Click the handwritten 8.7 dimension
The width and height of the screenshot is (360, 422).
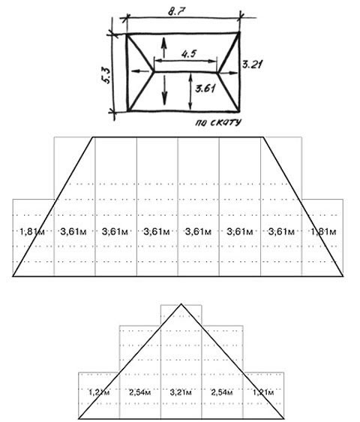click(x=177, y=12)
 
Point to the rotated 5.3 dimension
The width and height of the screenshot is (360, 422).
click(x=106, y=76)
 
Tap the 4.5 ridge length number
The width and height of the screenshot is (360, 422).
click(x=189, y=54)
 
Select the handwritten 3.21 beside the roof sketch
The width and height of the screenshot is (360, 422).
click(x=252, y=65)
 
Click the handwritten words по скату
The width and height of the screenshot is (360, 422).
click(x=218, y=122)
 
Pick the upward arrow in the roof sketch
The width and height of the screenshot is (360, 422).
click(x=163, y=47)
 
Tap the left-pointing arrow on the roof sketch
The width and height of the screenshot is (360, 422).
click(x=140, y=71)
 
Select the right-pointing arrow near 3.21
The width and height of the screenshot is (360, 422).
click(x=228, y=72)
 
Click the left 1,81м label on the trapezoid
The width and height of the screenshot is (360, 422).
click(x=32, y=231)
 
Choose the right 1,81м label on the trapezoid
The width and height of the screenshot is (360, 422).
click(x=323, y=231)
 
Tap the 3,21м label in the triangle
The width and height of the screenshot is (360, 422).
click(x=181, y=393)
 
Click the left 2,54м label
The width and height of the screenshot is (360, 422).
click(x=139, y=393)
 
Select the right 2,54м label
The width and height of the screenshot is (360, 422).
click(x=222, y=393)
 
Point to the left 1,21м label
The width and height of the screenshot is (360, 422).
click(x=99, y=393)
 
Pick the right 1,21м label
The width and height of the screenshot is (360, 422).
click(x=263, y=393)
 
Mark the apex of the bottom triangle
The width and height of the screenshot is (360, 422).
click(x=181, y=304)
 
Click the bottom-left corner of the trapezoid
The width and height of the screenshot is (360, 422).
click(x=13, y=276)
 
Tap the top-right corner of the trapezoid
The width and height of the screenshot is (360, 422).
click(x=263, y=137)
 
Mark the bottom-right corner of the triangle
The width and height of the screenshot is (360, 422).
click(x=283, y=418)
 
